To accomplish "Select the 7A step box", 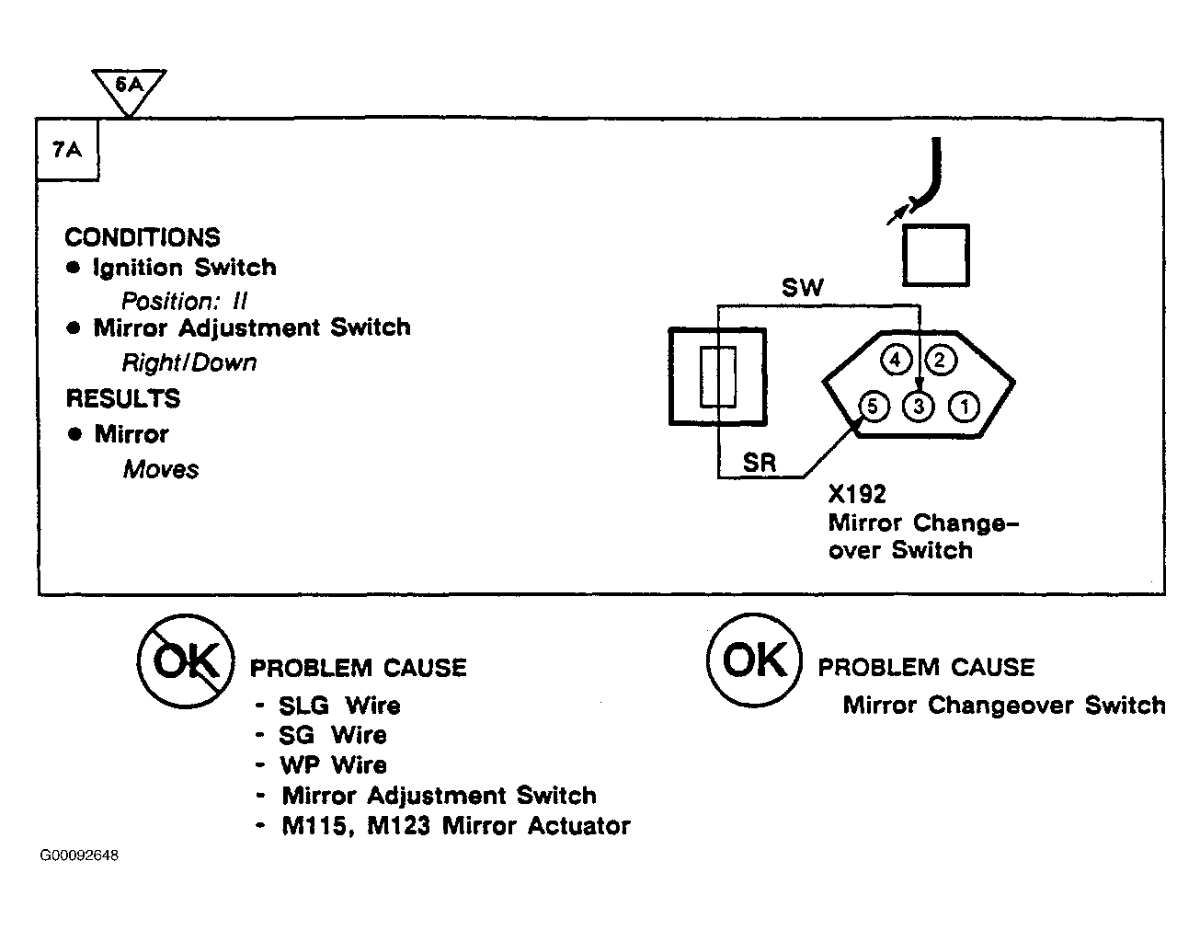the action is pos(67,150).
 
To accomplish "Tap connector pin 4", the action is pos(895,361).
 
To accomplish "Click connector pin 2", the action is pos(940,361).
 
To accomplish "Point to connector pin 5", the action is pos(874,407).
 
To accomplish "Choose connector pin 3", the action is pos(919,407).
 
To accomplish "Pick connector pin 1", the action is pos(965,407).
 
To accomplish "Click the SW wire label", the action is pos(803,288).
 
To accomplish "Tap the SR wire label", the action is pos(760,463).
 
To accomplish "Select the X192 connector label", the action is pos(857,494).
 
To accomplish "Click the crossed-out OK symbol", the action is pos(186,661).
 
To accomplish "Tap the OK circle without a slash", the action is pos(754,660).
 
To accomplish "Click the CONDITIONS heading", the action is pos(143,237).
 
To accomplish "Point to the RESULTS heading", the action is pos(123,398).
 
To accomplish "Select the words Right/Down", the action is pos(189,362).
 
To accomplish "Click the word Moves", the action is pos(161,469).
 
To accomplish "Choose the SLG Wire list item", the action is pos(339,706).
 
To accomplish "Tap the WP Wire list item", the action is pos(333,765).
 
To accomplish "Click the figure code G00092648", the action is pos(79,855).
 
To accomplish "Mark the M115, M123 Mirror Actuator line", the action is pos(456,826).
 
